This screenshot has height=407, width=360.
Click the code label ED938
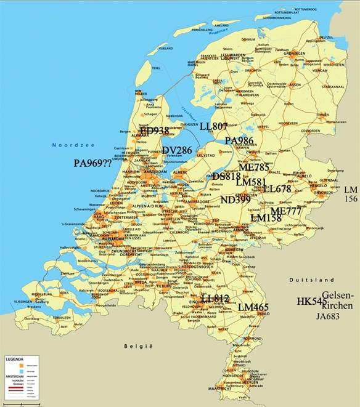pyautogui.click(x=155, y=131)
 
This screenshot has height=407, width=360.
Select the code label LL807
pyautogui.click(x=214, y=126)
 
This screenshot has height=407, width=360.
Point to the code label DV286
pyautogui.click(x=177, y=150)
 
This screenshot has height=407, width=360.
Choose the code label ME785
pyautogui.click(x=254, y=167)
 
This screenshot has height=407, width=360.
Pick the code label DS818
pyautogui.click(x=226, y=176)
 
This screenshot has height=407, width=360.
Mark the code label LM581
pyautogui.click(x=251, y=183)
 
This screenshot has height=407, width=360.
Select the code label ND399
pyautogui.click(x=235, y=199)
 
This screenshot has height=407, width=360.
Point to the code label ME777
pyautogui.click(x=286, y=211)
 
